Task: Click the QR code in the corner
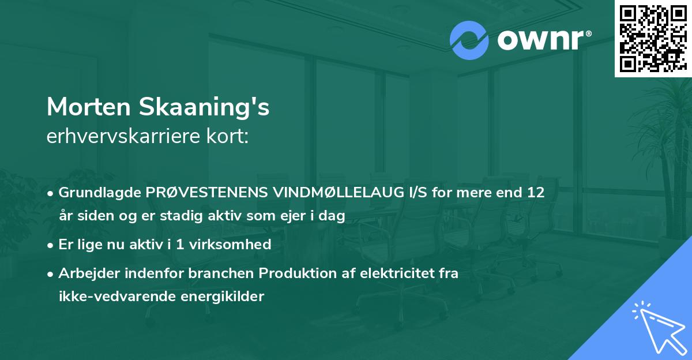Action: pos(653,39)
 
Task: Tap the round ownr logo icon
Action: pos(469,40)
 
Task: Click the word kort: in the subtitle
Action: pos(229,137)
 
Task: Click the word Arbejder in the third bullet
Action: pos(86,273)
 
